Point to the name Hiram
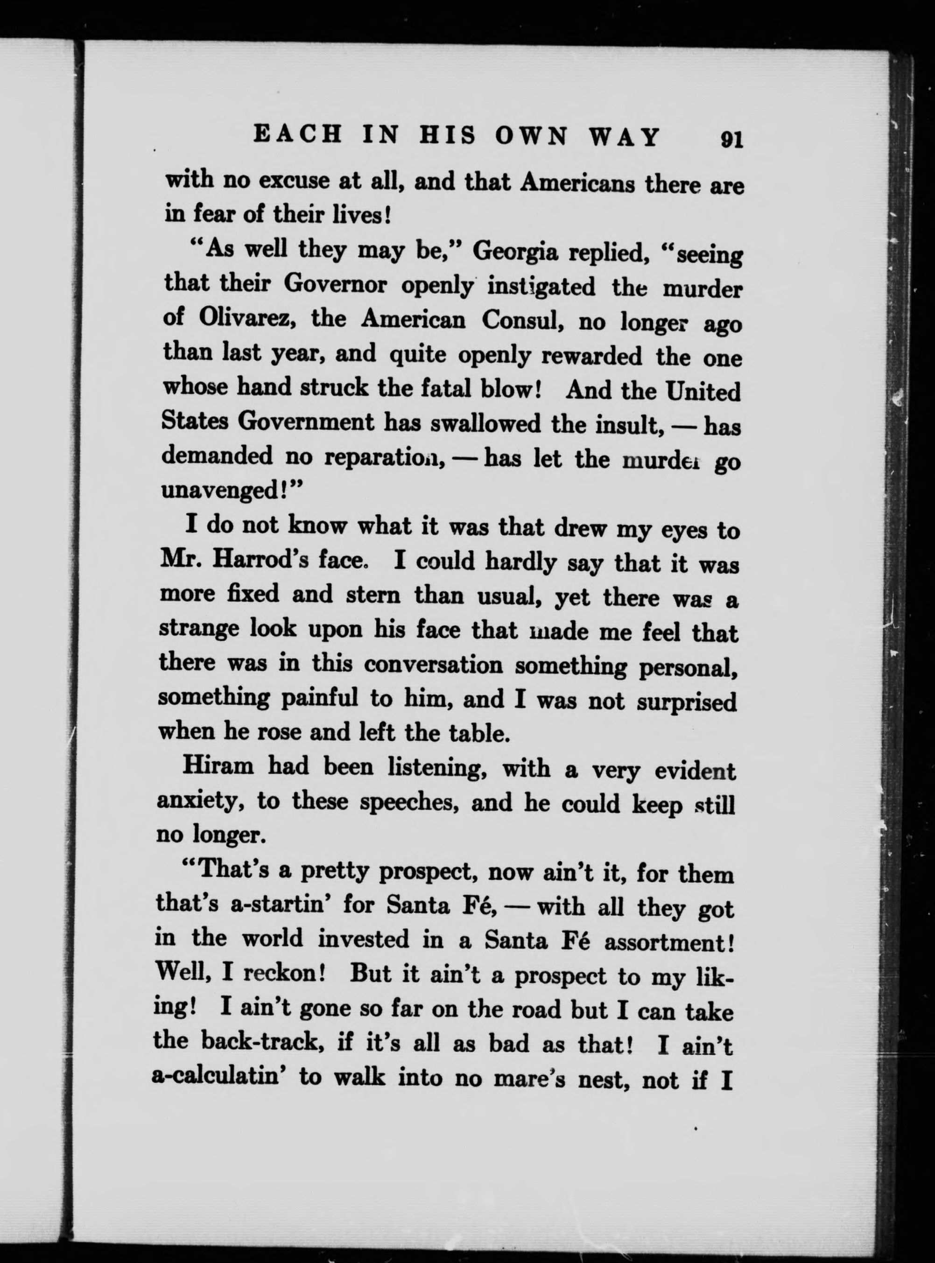click(218, 767)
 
